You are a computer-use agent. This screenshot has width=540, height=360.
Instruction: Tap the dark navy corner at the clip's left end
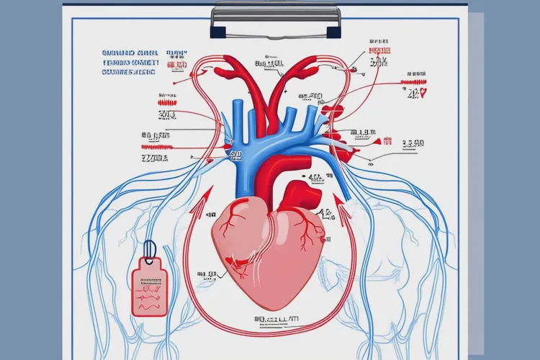click(x=217, y=32)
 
